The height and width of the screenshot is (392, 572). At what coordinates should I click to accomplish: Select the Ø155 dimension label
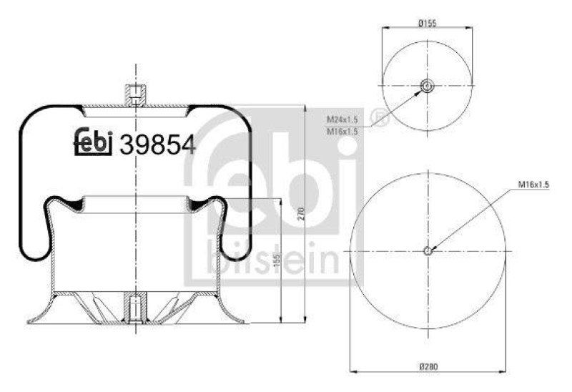tap(427, 23)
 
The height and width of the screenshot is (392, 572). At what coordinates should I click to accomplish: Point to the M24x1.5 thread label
tap(342, 119)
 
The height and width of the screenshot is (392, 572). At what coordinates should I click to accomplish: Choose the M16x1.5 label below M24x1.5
tap(342, 131)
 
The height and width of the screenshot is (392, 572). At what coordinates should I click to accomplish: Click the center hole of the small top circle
tap(427, 87)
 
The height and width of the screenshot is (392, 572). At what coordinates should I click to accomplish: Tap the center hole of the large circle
tap(427, 250)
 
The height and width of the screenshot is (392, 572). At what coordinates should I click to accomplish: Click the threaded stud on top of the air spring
tap(135, 93)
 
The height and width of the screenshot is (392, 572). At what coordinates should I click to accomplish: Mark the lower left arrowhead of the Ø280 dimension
tap(352, 371)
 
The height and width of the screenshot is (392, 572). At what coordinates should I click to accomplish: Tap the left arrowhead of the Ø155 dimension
tap(385, 29)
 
